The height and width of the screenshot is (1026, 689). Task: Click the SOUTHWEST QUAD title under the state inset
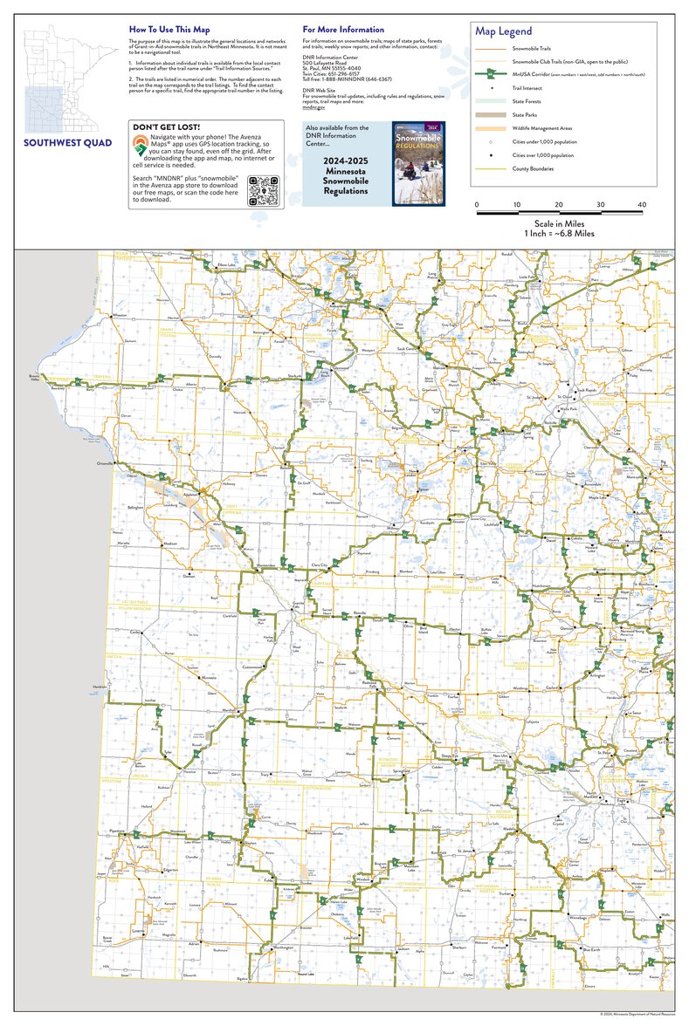(67, 143)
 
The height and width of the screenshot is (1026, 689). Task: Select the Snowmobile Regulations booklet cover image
(418, 163)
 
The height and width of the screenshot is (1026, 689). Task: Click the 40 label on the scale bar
(642, 205)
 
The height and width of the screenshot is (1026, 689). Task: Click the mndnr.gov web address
(313, 107)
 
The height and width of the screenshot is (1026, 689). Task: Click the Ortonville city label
(107, 463)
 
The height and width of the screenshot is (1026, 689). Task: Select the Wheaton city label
(120, 315)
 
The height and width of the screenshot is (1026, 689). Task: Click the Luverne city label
(138, 931)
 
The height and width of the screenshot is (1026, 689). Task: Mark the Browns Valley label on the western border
(29, 379)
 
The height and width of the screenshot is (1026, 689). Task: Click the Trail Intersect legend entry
(526, 89)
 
